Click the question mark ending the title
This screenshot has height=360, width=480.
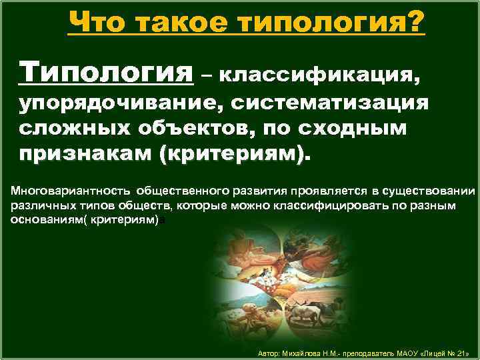414,24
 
